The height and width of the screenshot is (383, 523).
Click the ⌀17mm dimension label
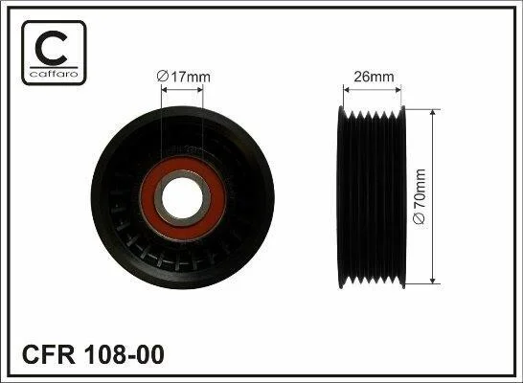(x=184, y=77)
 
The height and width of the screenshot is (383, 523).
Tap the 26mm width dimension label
(x=374, y=77)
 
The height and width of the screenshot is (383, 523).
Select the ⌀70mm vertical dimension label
(x=420, y=196)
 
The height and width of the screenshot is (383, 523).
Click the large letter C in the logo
(x=52, y=47)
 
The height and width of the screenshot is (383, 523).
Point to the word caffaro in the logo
(x=54, y=74)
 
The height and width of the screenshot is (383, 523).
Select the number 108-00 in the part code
(x=125, y=354)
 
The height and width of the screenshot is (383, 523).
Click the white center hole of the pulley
(x=182, y=197)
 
